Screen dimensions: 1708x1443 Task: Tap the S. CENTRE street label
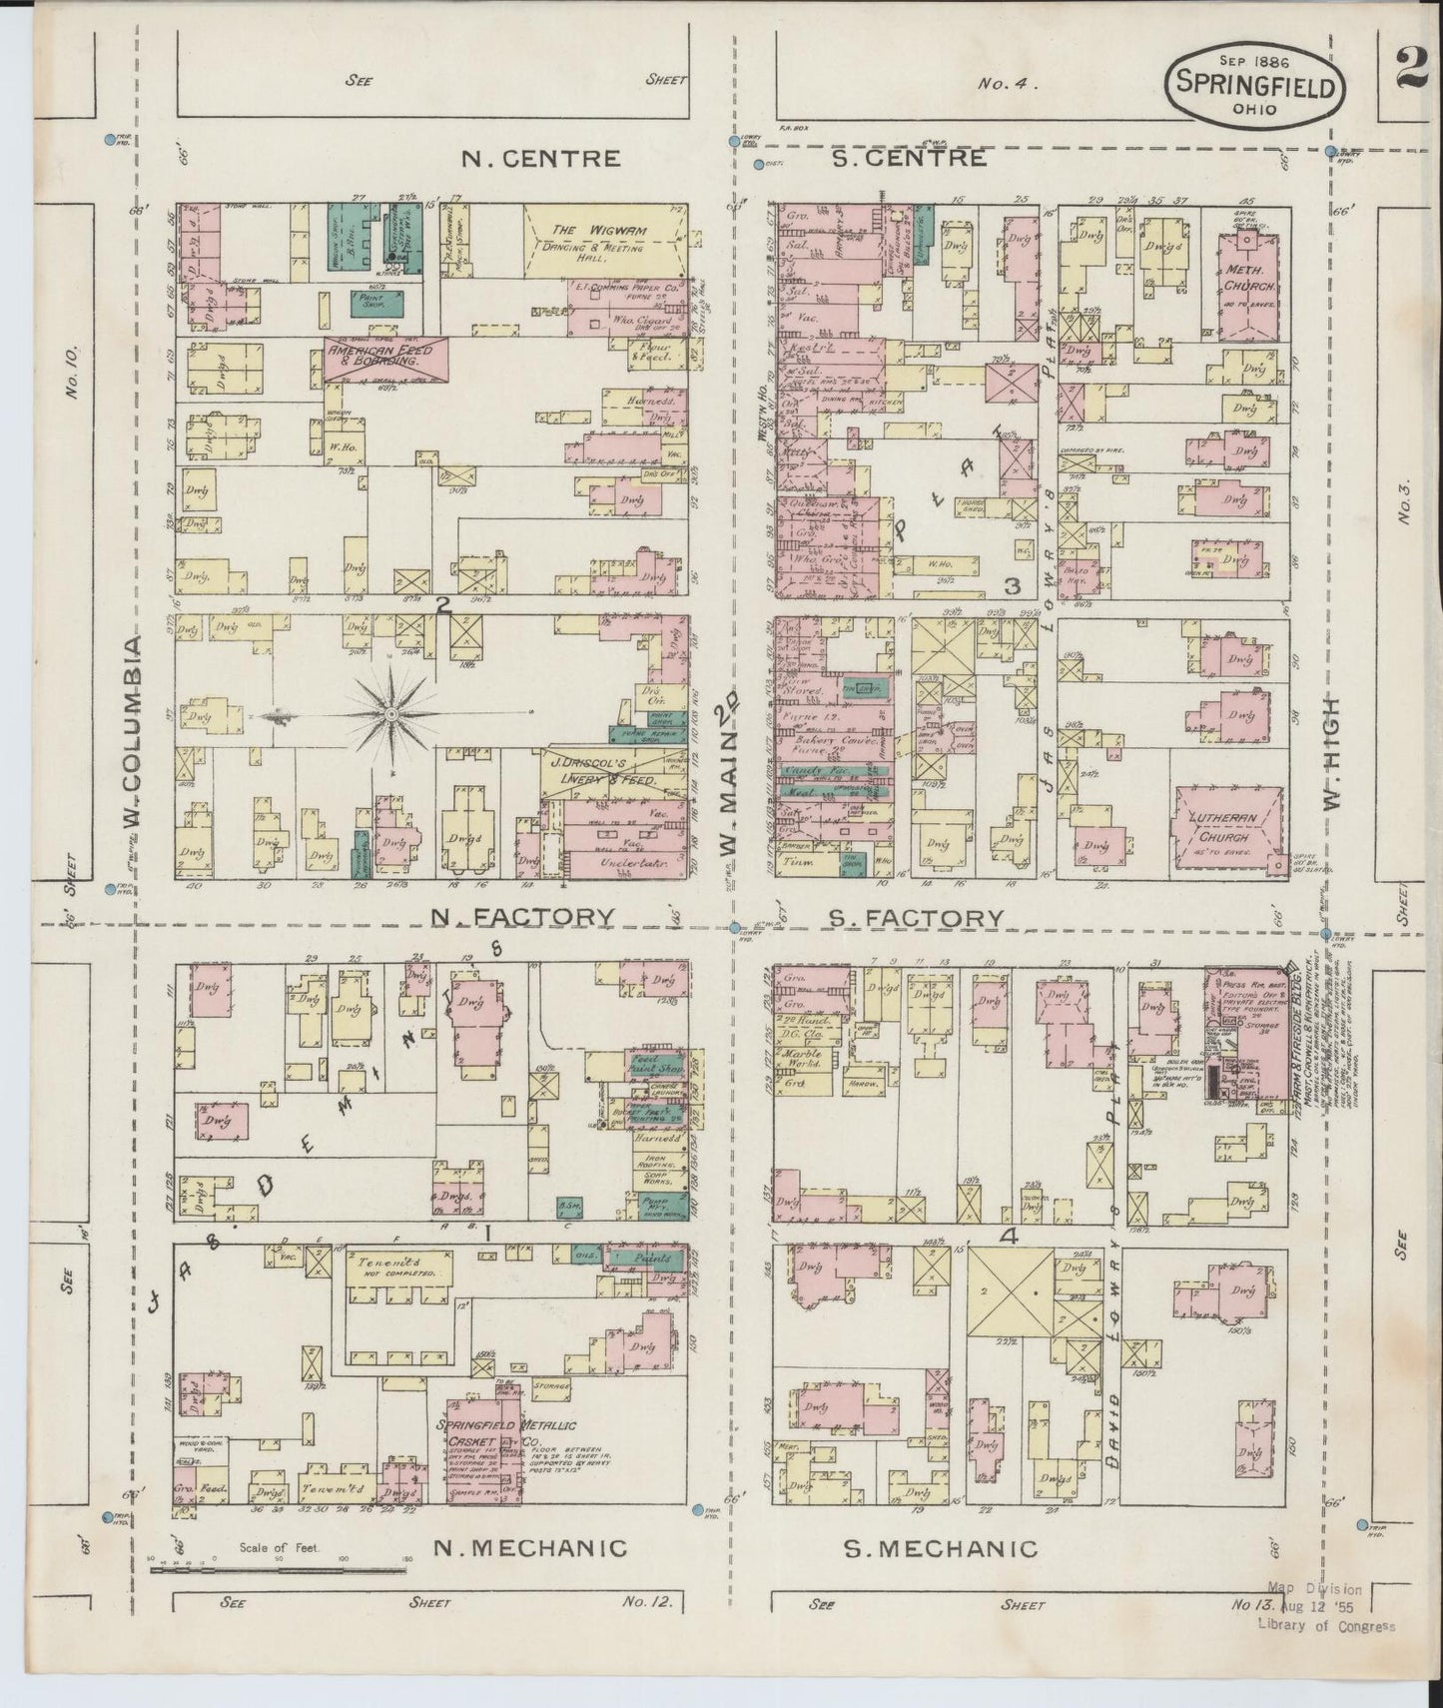coord(915,158)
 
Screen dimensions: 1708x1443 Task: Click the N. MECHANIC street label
coord(529,1549)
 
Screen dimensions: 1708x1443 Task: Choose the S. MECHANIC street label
coord(940,1549)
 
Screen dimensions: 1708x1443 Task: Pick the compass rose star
coord(391,714)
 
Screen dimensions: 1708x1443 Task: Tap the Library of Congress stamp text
coord(1326,1625)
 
